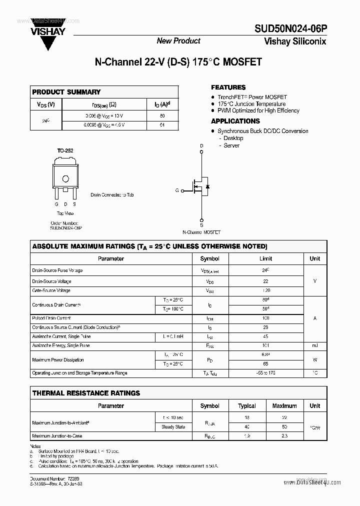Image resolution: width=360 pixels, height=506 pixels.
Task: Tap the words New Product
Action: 178,41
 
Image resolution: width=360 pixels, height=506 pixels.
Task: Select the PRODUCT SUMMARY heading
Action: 66,92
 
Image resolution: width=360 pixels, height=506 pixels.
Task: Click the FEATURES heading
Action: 228,87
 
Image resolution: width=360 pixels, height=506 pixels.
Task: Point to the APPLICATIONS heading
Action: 235,121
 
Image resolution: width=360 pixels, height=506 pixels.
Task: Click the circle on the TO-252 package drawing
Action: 65,179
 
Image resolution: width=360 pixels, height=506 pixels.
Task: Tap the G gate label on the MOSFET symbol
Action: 177,190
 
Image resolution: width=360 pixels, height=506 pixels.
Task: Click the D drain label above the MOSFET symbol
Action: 201,146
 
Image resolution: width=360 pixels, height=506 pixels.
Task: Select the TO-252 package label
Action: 65,150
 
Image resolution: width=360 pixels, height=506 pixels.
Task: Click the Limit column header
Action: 265,259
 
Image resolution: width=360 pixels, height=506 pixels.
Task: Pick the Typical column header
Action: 247,406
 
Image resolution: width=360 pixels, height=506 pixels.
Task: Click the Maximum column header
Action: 284,406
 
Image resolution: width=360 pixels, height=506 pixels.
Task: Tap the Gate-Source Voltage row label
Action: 51,290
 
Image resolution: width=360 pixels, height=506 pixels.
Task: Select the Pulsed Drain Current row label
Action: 51,318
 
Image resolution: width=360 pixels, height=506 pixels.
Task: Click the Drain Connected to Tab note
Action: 112,195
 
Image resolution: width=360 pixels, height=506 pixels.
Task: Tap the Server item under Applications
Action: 231,145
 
